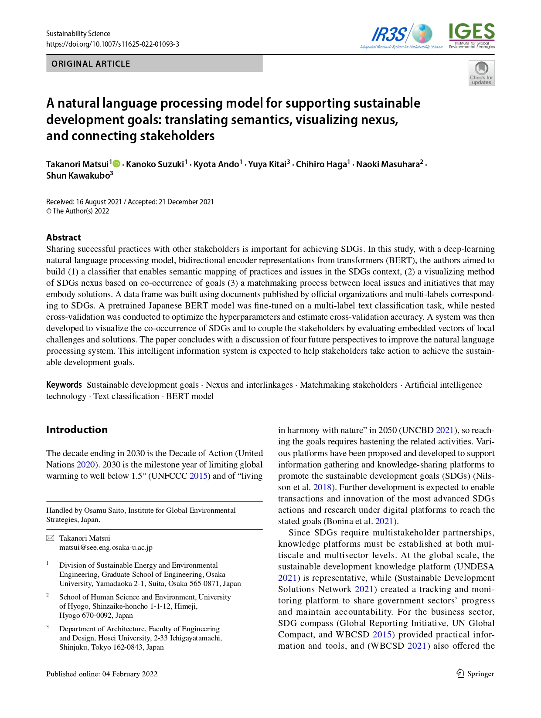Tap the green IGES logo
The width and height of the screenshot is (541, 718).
pyautogui.click(x=472, y=35)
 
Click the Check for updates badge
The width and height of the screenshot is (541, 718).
pyautogui.click(x=481, y=73)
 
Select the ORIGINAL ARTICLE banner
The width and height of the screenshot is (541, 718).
pyautogui.click(x=154, y=64)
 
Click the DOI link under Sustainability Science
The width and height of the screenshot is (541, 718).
pyautogui.click(x=112, y=44)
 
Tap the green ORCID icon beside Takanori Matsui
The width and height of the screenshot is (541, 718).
pyautogui.click(x=116, y=164)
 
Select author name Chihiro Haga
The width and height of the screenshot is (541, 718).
pyautogui.click(x=321, y=164)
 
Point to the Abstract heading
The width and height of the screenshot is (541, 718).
pyautogui.click(x=64, y=237)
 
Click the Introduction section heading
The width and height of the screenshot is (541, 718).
pyautogui.click(x=77, y=430)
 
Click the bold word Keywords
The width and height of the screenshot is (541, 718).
pyautogui.click(x=64, y=385)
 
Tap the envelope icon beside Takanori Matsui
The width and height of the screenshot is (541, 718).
pyautogui.click(x=50, y=538)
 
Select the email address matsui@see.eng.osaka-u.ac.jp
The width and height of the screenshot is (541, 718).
pyautogui.click(x=106, y=547)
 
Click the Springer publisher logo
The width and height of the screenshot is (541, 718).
pyautogui.click(x=475, y=674)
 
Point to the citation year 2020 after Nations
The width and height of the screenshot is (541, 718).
pyautogui.click(x=86, y=464)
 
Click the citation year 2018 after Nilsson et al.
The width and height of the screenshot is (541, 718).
pyautogui.click(x=322, y=487)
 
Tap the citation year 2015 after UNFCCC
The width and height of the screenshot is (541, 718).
pyautogui.click(x=198, y=476)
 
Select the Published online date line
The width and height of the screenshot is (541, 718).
pyautogui.click(x=102, y=674)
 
